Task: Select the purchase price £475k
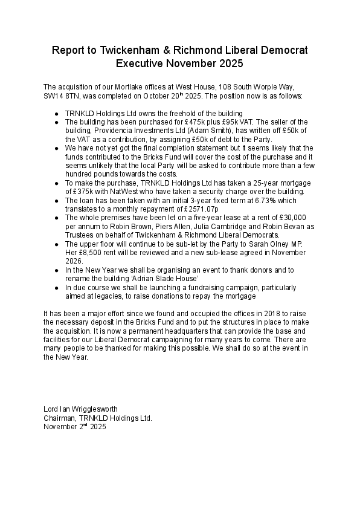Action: coord(169,122)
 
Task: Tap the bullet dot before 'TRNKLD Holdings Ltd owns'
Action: coord(56,114)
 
